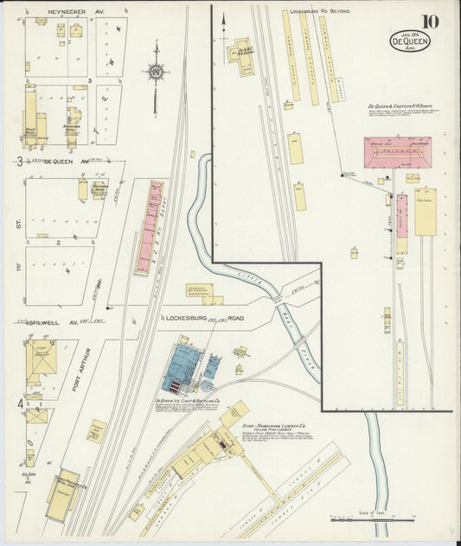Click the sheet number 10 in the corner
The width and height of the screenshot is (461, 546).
tap(431, 22)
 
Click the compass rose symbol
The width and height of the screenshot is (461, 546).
tap(156, 73)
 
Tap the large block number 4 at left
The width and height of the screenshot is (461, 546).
tap(19, 403)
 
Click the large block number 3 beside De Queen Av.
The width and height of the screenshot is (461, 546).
tap(19, 162)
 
